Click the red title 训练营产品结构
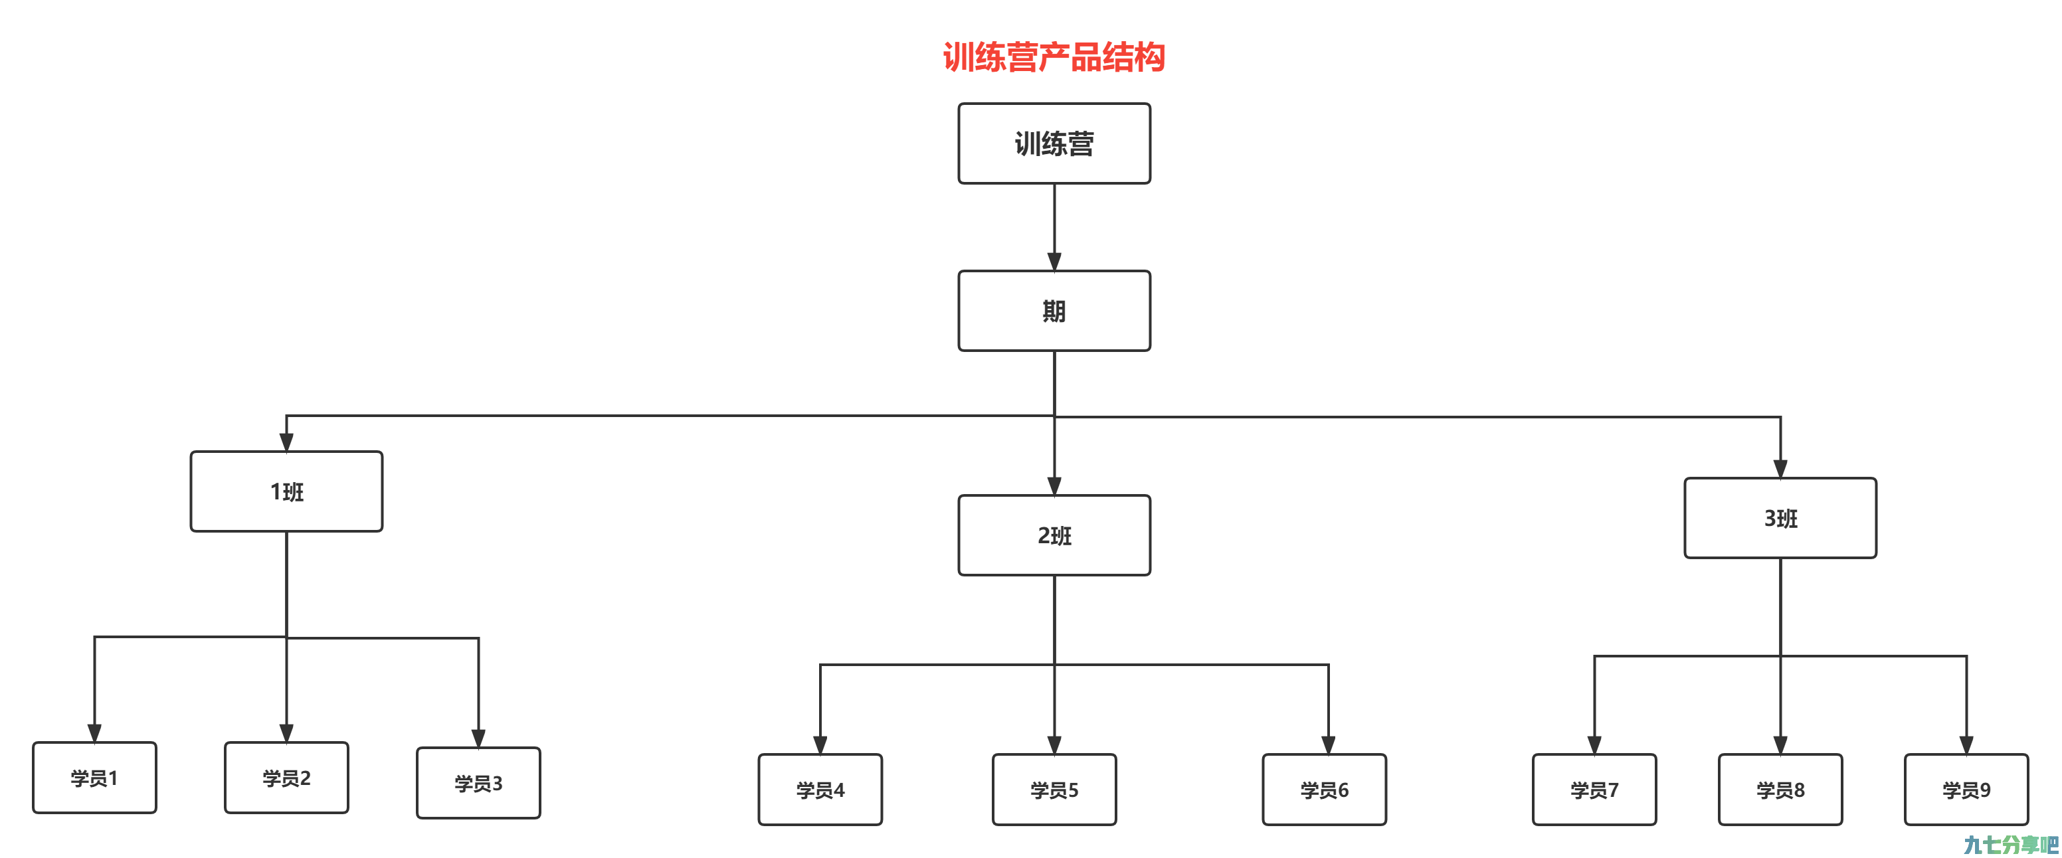click(1054, 57)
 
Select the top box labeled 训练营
click(1054, 143)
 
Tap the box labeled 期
click(1054, 311)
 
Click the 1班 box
click(286, 491)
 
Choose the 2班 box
click(1054, 535)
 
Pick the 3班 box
click(1780, 518)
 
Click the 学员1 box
click(94, 778)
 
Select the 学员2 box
click(286, 778)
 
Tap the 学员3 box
click(479, 783)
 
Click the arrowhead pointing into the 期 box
click(1054, 262)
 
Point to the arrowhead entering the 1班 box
click(286, 442)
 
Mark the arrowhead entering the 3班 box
click(1780, 469)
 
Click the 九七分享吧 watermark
click(2011, 845)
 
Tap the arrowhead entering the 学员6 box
click(1328, 746)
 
